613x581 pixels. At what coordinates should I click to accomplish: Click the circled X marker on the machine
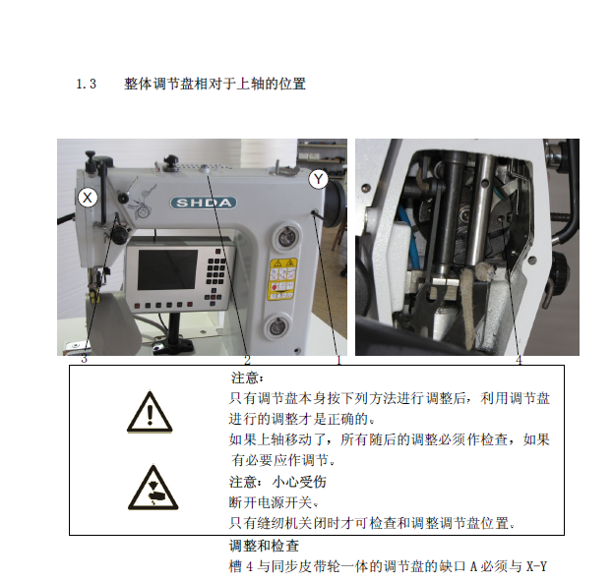tap(88, 198)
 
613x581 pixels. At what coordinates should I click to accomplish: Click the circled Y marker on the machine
tap(319, 179)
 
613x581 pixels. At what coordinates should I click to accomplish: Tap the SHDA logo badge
tap(204, 203)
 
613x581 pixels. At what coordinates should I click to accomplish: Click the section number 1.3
tap(86, 84)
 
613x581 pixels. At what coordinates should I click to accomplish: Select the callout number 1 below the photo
tap(338, 360)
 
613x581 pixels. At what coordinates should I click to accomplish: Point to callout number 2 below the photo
tap(247, 360)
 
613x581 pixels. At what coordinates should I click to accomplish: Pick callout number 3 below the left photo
tap(84, 359)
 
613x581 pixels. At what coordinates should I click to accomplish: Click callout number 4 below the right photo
tap(519, 360)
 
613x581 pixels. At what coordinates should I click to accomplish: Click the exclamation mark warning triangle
tap(150, 412)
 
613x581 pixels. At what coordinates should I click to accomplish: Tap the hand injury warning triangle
tap(153, 488)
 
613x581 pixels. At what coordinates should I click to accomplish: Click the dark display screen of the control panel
tap(167, 269)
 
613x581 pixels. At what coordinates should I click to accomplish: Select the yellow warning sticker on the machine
tap(281, 278)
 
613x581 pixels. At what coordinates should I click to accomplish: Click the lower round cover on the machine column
tap(277, 327)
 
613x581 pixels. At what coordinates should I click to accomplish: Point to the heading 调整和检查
tap(264, 546)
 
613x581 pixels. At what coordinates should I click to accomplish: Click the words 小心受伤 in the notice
tap(299, 482)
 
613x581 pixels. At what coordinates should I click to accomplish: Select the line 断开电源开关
tap(270, 502)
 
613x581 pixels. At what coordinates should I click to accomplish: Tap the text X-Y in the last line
tap(536, 566)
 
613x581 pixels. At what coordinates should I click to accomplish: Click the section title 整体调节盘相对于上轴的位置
tap(215, 84)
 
